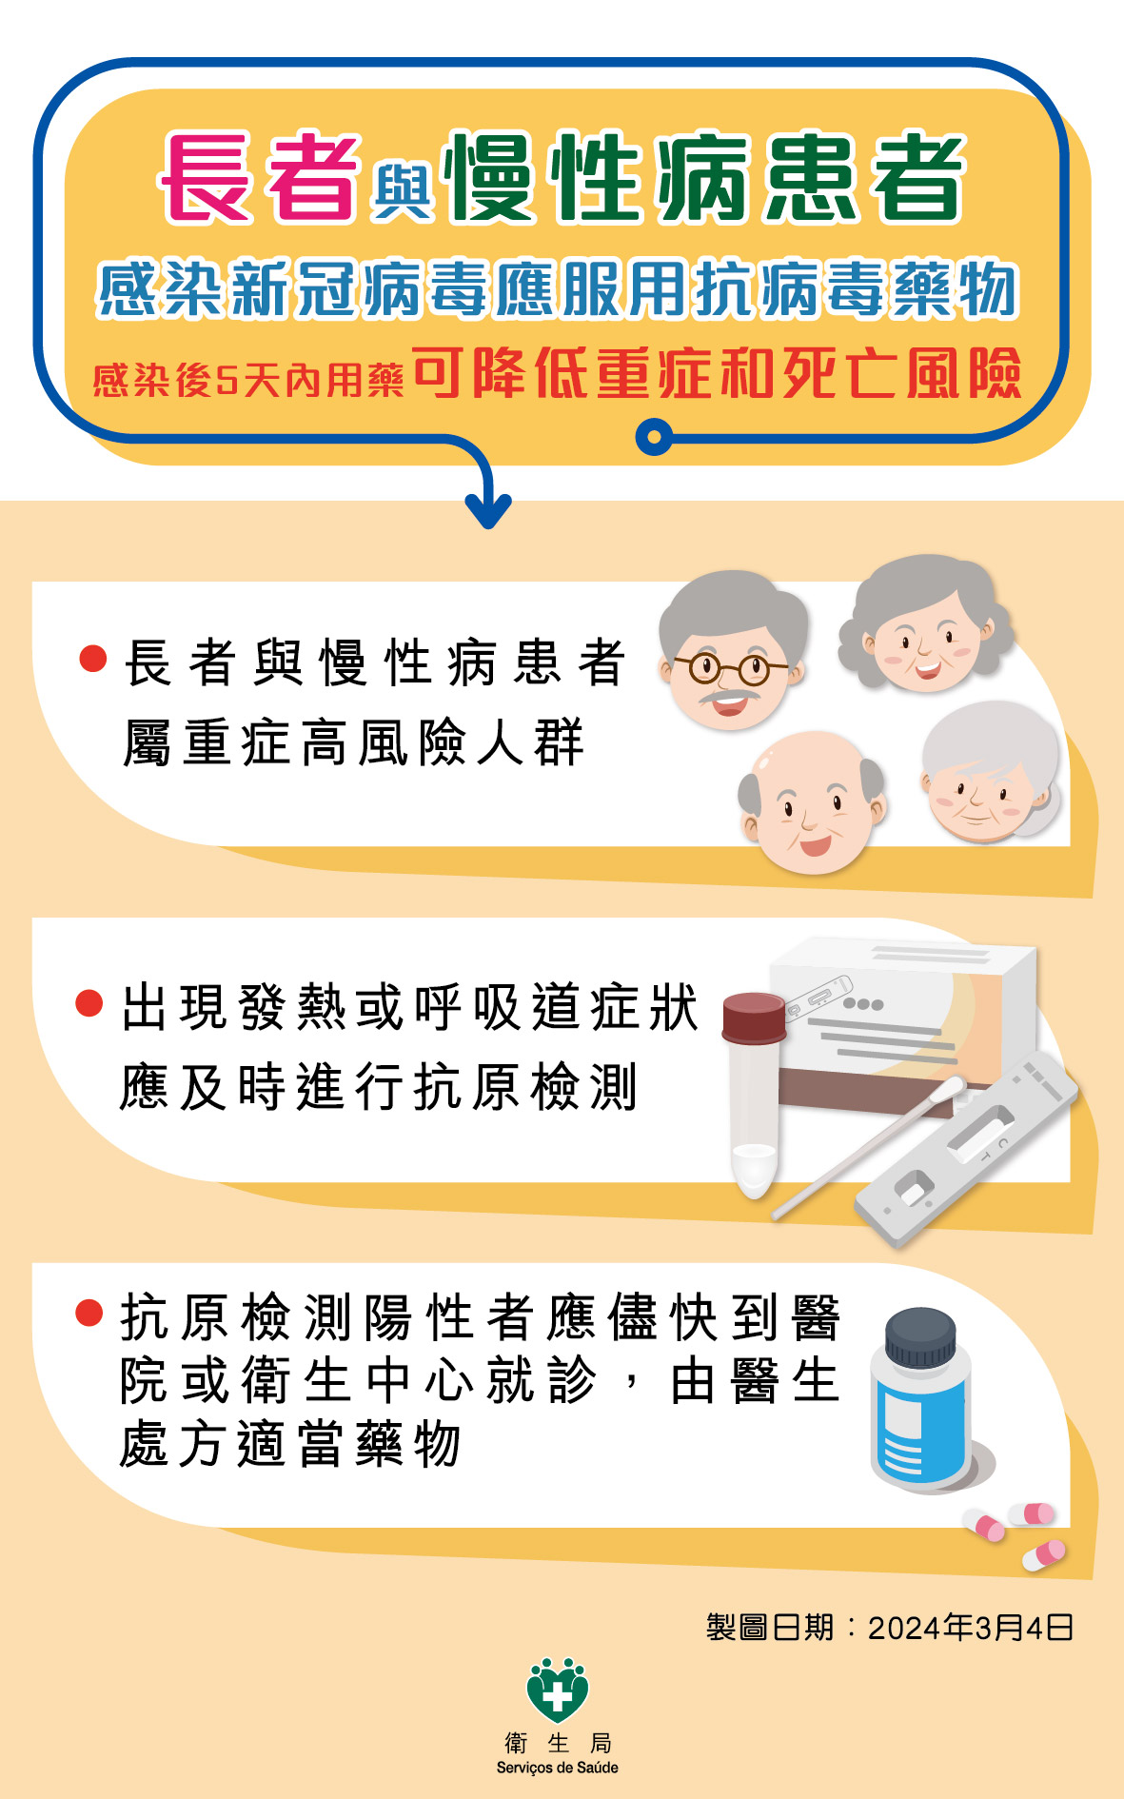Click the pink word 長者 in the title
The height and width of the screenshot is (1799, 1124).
pos(260,177)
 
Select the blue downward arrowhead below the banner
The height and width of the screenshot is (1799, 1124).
pos(488,511)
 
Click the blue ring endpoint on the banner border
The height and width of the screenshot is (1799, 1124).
pos(654,437)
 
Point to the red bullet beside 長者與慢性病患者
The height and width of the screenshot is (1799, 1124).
pos(92,659)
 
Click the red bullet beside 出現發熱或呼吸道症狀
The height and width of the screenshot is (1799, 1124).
pos(89,1003)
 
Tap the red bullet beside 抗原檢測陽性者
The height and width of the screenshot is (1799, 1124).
pos(89,1313)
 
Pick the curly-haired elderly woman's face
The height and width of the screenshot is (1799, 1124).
pos(925,623)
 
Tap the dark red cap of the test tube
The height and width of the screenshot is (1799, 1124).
pos(755,1018)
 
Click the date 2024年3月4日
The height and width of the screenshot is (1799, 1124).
pos(971,1628)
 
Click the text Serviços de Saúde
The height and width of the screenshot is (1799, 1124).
pos(558,1768)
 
